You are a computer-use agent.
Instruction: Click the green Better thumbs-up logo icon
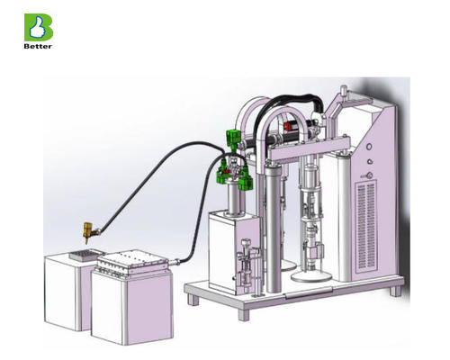tap(38, 26)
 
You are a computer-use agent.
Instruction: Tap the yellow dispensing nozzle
tap(87, 231)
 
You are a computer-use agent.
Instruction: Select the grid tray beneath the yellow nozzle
tap(82, 256)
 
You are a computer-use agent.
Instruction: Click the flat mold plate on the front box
tap(133, 265)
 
